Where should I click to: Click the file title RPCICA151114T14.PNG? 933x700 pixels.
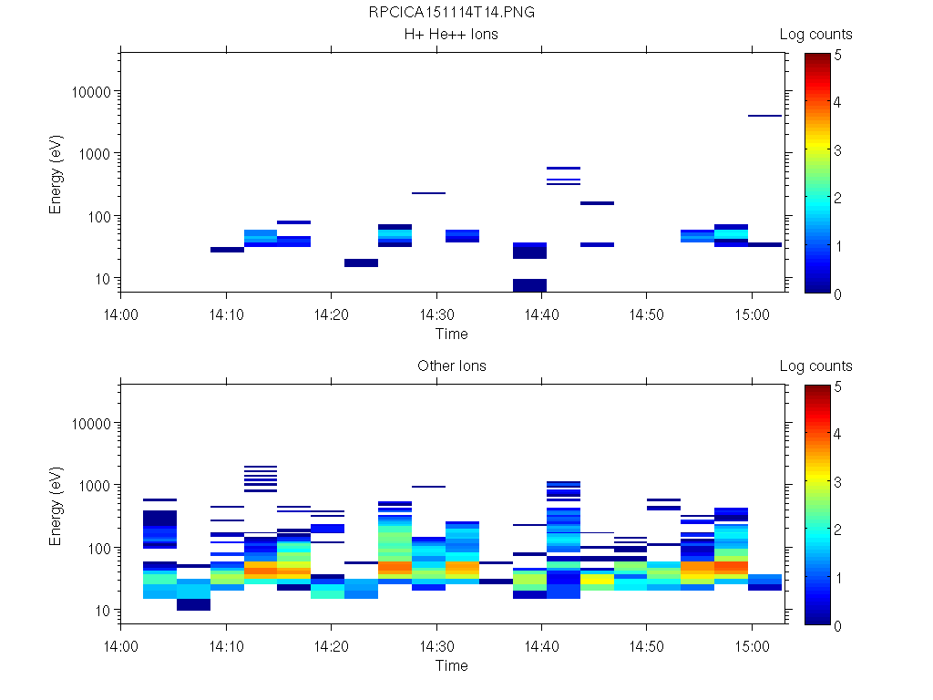[451, 13]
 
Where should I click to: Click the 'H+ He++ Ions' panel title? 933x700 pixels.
[451, 35]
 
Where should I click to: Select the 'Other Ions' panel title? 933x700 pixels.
[451, 366]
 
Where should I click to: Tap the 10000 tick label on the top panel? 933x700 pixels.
[89, 92]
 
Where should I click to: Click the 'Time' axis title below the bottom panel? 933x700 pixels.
[451, 665]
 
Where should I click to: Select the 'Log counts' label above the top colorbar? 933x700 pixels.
[815, 35]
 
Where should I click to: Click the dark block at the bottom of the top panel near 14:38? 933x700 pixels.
[529, 285]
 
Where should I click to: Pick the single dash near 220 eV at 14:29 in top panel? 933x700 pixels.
[428, 193]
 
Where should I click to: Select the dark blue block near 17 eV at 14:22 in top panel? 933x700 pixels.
[361, 262]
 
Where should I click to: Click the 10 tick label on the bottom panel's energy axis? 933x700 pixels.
[102, 610]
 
